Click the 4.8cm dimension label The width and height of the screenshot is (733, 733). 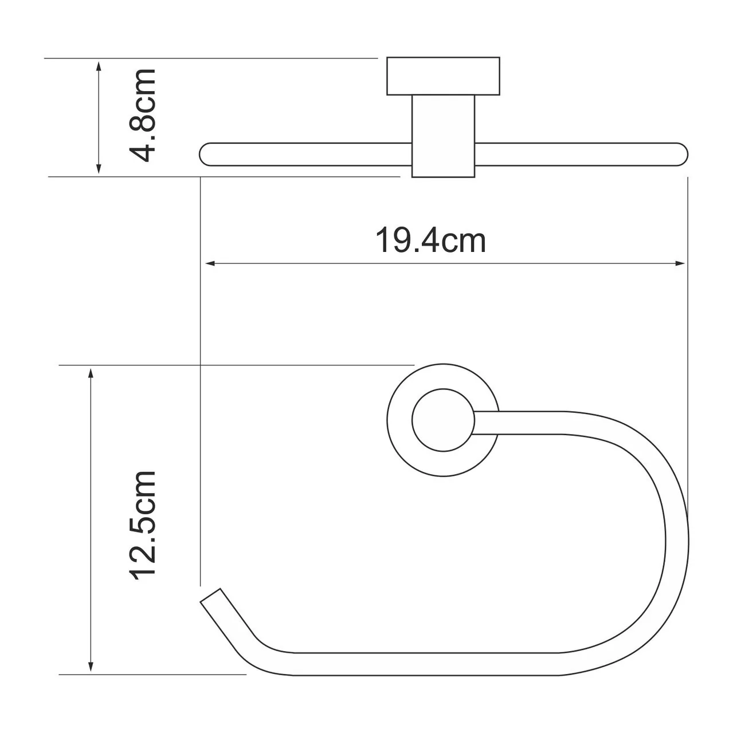tap(142, 115)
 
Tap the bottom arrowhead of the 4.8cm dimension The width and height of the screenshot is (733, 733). tap(99, 170)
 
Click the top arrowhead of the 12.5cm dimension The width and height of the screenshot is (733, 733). tap(91, 373)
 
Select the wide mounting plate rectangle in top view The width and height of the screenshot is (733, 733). tap(442, 76)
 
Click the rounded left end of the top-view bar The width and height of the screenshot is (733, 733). tap(206, 155)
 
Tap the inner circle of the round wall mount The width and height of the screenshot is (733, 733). tap(442, 420)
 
